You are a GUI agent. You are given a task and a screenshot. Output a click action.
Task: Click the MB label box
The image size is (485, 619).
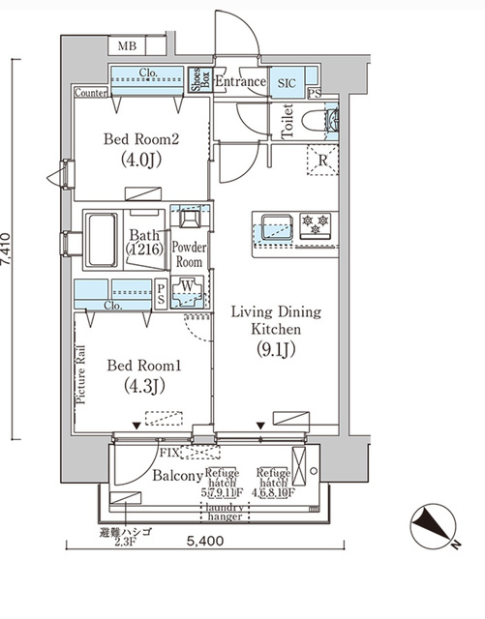(x=126, y=46)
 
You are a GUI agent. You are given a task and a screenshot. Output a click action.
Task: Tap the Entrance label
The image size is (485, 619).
(x=240, y=83)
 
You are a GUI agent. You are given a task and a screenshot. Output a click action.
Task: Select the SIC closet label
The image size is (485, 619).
(x=288, y=83)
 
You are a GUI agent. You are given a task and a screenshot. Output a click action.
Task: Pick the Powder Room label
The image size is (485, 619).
(x=188, y=254)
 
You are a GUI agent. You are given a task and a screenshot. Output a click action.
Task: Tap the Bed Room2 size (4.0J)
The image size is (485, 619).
(x=142, y=160)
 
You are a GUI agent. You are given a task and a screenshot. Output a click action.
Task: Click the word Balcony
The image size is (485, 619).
(x=177, y=477)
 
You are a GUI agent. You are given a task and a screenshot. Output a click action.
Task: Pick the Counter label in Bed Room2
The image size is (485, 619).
(x=90, y=93)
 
